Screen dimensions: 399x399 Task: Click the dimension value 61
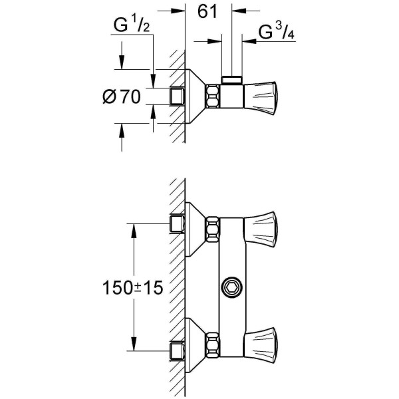click(x=207, y=12)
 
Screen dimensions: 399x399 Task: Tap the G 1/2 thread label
click(x=132, y=25)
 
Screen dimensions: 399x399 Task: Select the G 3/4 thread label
click(x=277, y=33)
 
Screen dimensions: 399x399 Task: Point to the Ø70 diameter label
click(x=122, y=96)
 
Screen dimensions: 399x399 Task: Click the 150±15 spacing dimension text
click(x=132, y=288)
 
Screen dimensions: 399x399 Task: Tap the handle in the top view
click(x=261, y=96)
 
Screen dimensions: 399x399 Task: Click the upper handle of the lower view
click(x=261, y=229)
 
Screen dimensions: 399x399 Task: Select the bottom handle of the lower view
click(x=261, y=345)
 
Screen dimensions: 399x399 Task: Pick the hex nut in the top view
click(x=213, y=96)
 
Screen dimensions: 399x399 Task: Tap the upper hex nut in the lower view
click(x=213, y=229)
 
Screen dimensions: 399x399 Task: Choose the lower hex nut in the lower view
click(x=213, y=344)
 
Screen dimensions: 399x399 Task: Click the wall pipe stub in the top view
click(x=178, y=96)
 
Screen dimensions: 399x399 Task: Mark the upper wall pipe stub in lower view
click(x=178, y=223)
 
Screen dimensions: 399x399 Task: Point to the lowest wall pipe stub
click(x=178, y=351)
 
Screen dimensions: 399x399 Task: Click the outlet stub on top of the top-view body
click(x=231, y=80)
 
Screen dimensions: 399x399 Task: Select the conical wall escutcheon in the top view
click(x=196, y=96)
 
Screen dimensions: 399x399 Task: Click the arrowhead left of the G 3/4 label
click(x=248, y=41)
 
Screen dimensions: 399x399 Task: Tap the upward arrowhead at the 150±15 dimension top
click(x=134, y=231)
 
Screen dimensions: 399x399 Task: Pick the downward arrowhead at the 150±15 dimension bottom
click(x=134, y=344)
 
